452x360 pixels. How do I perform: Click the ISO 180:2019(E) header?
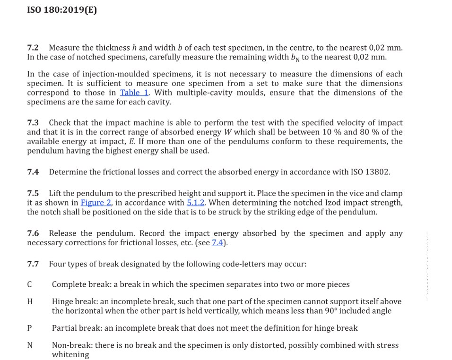pos(62,9)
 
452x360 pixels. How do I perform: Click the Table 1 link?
pos(134,93)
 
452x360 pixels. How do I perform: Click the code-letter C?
pos(30,284)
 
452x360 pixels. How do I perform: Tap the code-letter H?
pos(30,301)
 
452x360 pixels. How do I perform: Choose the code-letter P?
pos(30,328)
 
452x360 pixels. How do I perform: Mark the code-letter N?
pos(30,345)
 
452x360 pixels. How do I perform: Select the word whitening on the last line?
pos(70,355)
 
